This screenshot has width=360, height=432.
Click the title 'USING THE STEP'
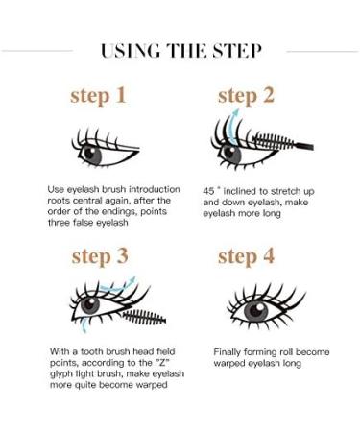point(180,50)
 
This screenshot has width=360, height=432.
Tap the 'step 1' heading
point(97,95)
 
